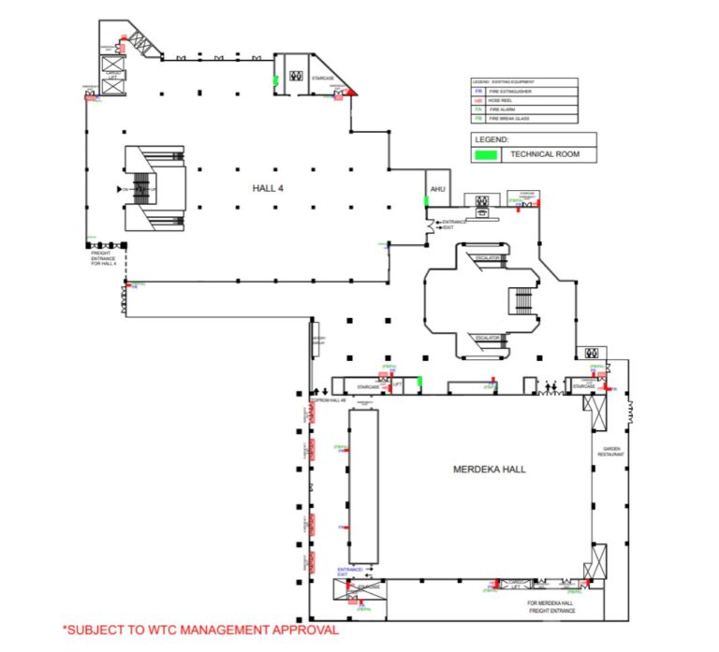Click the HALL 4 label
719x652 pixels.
tap(268, 188)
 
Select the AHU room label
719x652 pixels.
tap(436, 190)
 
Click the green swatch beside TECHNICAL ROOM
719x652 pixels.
tap(487, 154)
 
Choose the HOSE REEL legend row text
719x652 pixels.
tap(506, 101)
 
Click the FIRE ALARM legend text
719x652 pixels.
tap(506, 109)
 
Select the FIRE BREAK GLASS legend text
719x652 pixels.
tap(512, 119)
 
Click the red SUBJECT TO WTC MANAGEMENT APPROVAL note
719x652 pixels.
tap(199, 630)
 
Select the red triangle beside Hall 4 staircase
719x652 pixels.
tap(351, 92)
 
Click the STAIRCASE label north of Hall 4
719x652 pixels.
tap(324, 80)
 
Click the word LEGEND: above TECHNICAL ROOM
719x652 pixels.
tap(492, 138)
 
